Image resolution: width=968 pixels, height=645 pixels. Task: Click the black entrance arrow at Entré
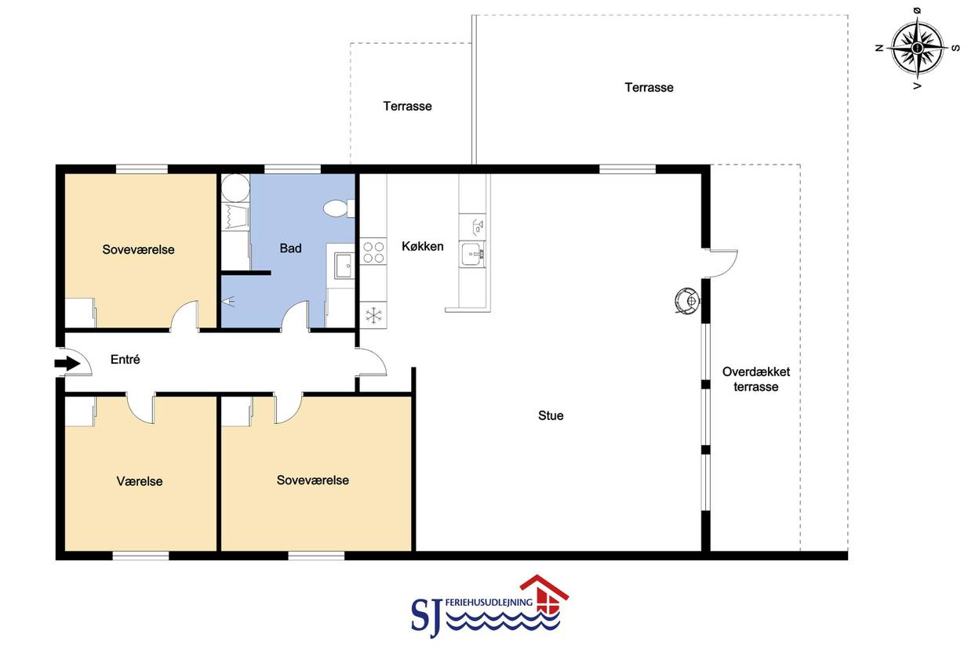pyautogui.click(x=67, y=364)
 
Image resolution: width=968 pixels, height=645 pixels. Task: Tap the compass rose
pyautogui.click(x=917, y=48)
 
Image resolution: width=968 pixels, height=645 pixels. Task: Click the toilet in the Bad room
pyautogui.click(x=339, y=208)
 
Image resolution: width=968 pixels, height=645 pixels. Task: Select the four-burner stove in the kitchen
pyautogui.click(x=373, y=252)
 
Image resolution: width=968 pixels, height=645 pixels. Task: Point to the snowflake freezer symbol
pyautogui.click(x=373, y=315)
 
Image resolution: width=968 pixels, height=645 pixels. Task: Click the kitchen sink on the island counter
pyautogui.click(x=472, y=254)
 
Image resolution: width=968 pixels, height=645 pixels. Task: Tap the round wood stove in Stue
pyautogui.click(x=687, y=300)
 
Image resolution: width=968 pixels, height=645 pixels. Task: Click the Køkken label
pyautogui.click(x=423, y=247)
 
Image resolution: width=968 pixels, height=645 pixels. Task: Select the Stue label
pyautogui.click(x=551, y=415)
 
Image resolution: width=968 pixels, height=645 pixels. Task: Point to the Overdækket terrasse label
pyautogui.click(x=756, y=379)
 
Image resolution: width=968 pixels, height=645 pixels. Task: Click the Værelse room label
pyautogui.click(x=140, y=481)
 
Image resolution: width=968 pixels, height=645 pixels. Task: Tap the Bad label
pyautogui.click(x=290, y=248)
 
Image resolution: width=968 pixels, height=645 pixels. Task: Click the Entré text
pyautogui.click(x=126, y=359)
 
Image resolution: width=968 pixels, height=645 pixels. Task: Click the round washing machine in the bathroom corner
pyautogui.click(x=235, y=188)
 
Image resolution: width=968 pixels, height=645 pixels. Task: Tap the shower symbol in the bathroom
pyautogui.click(x=228, y=301)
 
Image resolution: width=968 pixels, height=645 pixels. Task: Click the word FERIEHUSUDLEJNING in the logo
pyautogui.click(x=488, y=602)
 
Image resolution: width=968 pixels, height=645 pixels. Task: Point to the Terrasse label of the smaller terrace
pyautogui.click(x=407, y=107)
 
